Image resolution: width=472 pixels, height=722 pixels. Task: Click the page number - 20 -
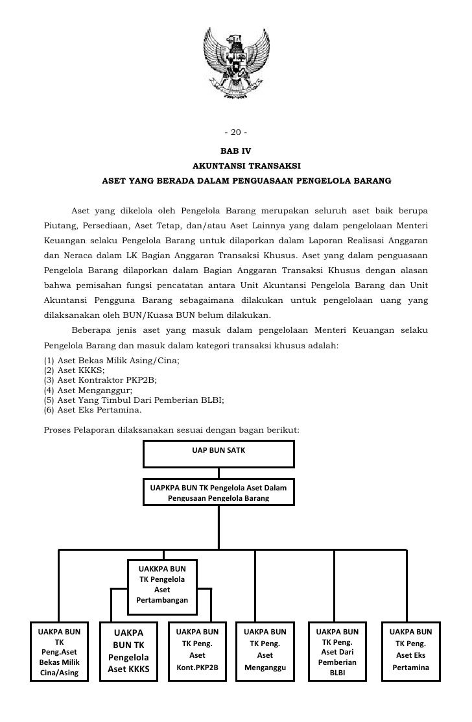235,133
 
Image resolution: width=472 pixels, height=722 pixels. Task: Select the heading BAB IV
236,150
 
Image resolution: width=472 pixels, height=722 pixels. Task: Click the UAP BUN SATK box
218,453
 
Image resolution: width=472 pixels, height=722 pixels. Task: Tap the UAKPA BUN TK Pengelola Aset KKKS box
128,651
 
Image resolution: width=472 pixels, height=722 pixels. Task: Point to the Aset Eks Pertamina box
410,651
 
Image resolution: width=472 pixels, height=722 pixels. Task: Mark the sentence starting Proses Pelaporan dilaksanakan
170,429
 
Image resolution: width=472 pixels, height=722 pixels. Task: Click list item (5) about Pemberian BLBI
134,400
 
